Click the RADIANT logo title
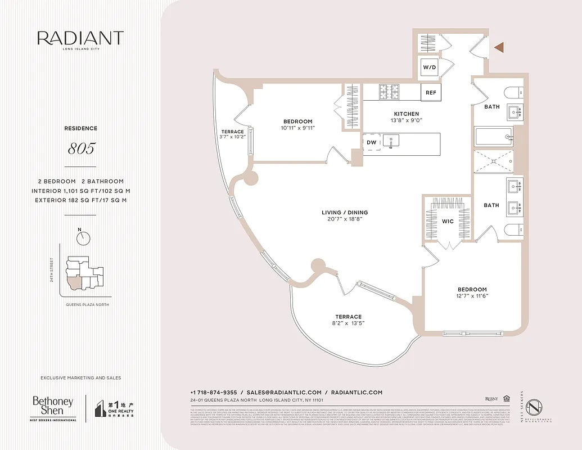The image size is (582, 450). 80,38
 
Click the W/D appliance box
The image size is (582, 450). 429,67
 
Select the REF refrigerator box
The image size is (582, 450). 431,92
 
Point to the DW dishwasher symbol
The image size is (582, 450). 371,142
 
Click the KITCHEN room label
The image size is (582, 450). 407,114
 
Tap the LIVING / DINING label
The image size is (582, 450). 345,213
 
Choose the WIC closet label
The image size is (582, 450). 448,222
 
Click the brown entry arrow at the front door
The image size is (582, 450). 498,48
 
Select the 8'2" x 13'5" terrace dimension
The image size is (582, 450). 349,324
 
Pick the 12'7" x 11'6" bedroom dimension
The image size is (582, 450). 472,296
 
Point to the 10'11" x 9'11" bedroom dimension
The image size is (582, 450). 297,128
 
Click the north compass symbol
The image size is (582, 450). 84,238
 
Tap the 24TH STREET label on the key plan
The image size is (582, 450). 52,270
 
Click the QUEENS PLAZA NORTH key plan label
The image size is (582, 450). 84,304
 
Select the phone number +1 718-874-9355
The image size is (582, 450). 213,392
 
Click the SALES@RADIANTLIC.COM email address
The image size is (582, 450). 284,392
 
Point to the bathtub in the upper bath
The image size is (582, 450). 493,137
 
